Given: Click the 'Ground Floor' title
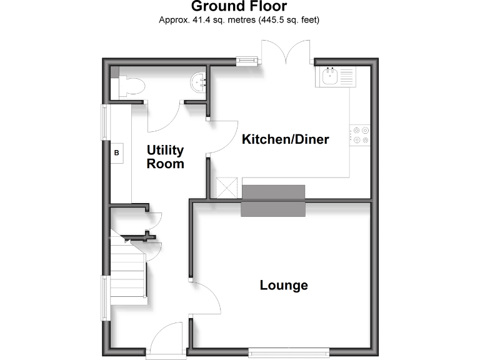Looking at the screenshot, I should coord(239,7).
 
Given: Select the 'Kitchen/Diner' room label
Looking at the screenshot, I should coord(285,139).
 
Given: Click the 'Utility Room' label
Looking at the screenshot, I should coord(166,157).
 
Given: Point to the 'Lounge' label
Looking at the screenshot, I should coord(284,286).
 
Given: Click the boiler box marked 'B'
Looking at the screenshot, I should coord(117,152).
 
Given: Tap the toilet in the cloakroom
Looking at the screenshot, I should coord(130,86).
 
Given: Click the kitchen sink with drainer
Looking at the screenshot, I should coord(337,77).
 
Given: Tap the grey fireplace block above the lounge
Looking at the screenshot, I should coord(273,201).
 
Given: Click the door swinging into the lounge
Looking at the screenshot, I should coord(206,299).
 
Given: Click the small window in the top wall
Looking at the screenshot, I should coord(247,61).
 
